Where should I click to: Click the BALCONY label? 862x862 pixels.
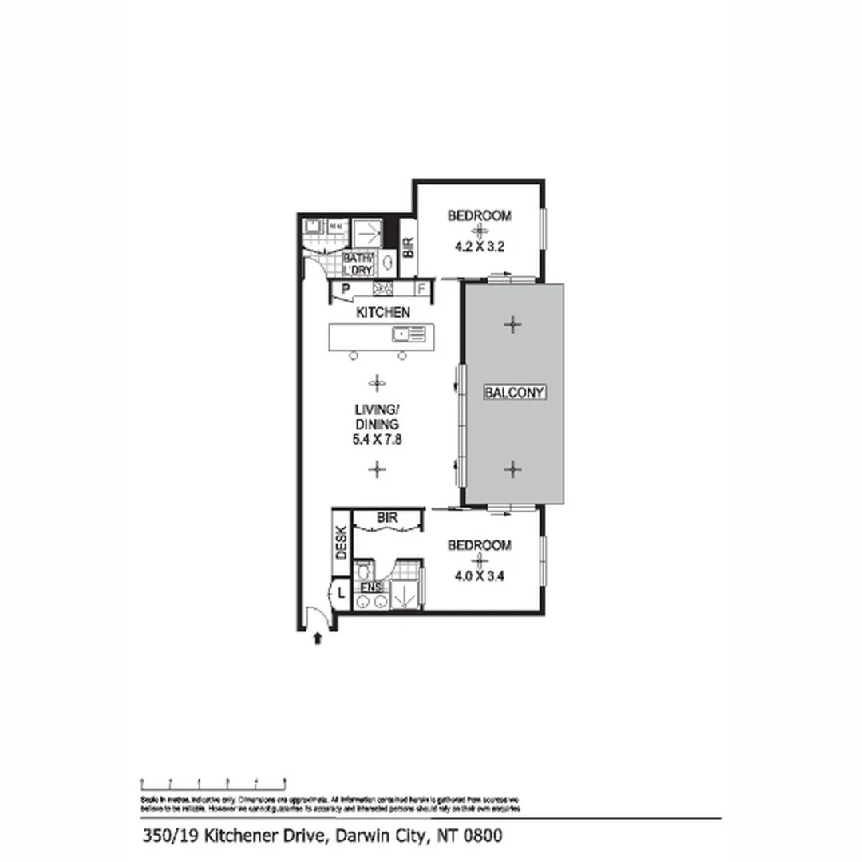(x=515, y=392)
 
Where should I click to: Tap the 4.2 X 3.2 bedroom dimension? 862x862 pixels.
(x=479, y=247)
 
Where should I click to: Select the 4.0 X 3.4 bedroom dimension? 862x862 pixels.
(x=479, y=577)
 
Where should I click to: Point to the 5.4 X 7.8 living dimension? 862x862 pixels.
(x=377, y=438)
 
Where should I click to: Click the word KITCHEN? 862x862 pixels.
(x=383, y=312)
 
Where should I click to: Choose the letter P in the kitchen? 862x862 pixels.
(x=346, y=289)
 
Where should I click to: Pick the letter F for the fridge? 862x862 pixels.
(x=421, y=289)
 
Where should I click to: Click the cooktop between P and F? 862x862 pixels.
(x=383, y=289)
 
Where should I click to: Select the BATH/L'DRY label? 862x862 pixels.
(x=358, y=264)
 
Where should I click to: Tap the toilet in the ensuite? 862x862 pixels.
(x=363, y=570)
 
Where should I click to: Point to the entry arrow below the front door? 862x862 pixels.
(x=318, y=638)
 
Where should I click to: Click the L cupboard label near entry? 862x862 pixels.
(x=341, y=593)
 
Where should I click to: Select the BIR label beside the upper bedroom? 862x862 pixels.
(x=408, y=248)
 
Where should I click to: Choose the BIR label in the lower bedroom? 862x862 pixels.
(x=387, y=517)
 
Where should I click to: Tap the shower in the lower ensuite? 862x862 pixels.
(x=403, y=595)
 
